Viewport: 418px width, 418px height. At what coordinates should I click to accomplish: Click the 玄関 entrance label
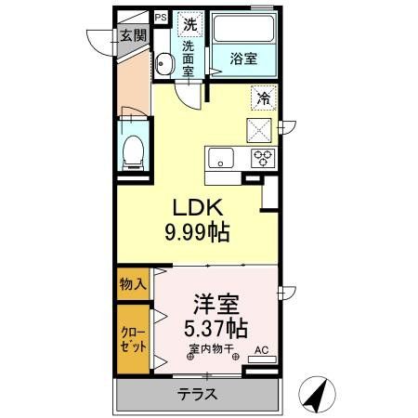133,36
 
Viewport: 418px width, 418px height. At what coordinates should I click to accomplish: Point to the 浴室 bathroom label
244,58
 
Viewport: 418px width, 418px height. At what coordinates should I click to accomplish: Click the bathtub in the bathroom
243,30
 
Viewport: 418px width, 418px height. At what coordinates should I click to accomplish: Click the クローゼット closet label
132,341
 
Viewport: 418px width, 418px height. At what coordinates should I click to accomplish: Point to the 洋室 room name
214,304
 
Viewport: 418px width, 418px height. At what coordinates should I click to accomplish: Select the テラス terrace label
197,394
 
